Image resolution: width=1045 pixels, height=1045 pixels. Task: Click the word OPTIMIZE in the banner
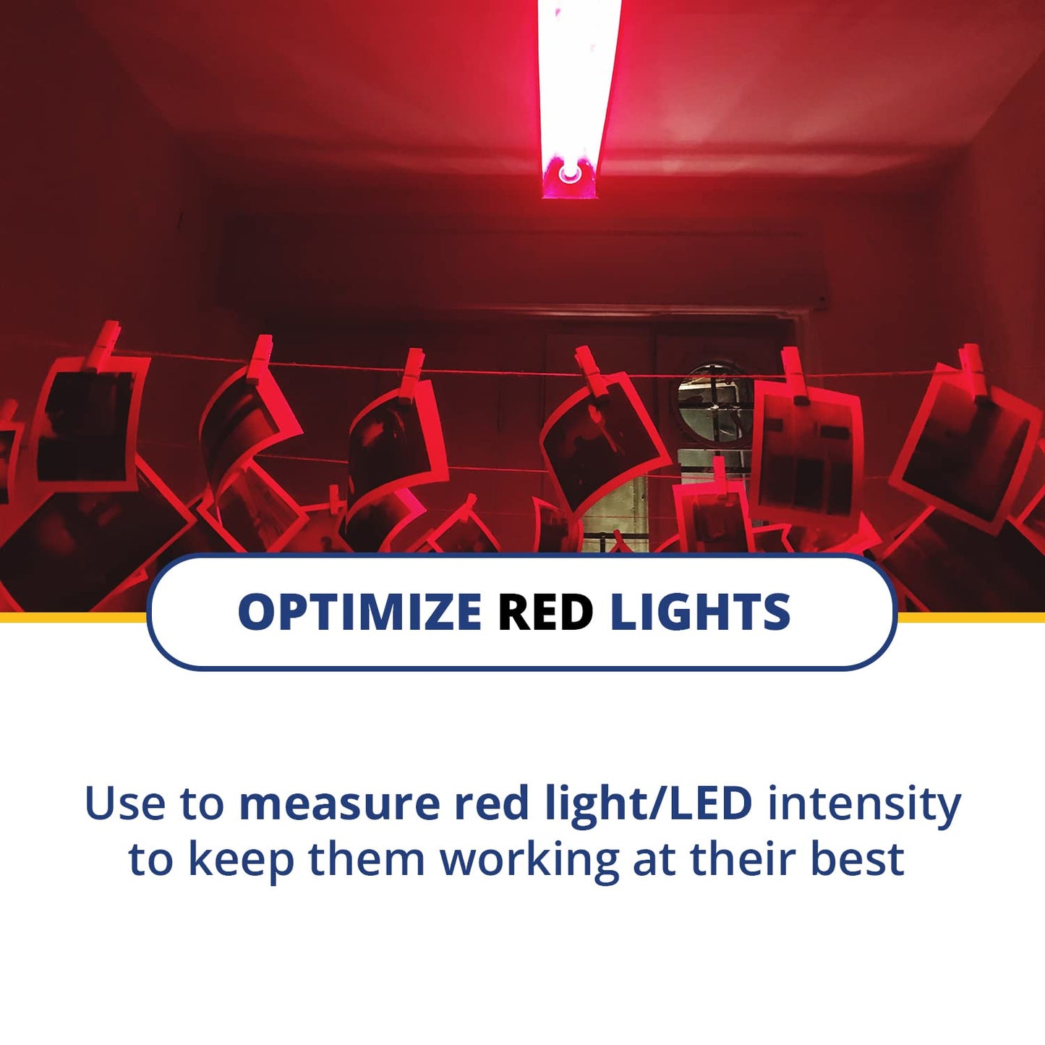[x=359, y=612]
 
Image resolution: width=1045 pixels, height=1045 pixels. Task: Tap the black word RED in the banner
[x=545, y=612]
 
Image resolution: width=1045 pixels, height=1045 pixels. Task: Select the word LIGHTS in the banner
[x=700, y=612]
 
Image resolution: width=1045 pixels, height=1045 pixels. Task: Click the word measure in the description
[x=339, y=803]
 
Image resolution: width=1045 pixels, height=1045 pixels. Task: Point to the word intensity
[x=863, y=803]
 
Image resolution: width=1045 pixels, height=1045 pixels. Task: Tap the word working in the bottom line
[x=529, y=859]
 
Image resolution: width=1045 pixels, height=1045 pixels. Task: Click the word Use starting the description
[x=124, y=803]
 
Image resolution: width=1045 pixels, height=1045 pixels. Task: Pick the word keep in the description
[x=241, y=859]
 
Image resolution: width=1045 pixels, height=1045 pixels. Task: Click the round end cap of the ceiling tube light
[x=569, y=174]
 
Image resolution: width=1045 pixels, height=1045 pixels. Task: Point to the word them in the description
[x=367, y=859]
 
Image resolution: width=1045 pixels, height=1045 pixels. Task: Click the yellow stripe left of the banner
[x=72, y=617]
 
